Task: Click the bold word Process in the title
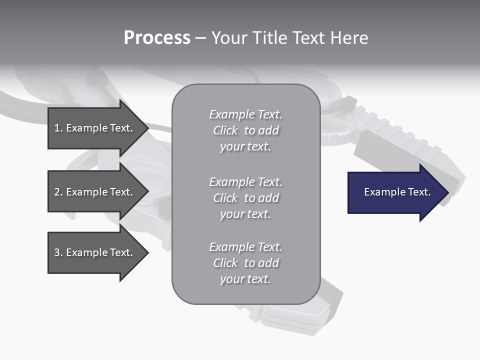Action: click(x=157, y=38)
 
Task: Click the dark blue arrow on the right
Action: click(x=395, y=192)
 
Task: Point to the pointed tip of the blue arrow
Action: click(x=446, y=192)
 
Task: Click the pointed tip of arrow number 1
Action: click(x=146, y=128)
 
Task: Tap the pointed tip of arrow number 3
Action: click(x=146, y=252)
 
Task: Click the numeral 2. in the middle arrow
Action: click(x=58, y=192)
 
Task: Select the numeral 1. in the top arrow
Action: click(x=58, y=128)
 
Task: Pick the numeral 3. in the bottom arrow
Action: click(x=58, y=252)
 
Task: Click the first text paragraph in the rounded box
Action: click(x=245, y=130)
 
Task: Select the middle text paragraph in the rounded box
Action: click(x=245, y=198)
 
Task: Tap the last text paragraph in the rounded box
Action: click(x=245, y=263)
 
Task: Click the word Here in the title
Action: click(x=350, y=38)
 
